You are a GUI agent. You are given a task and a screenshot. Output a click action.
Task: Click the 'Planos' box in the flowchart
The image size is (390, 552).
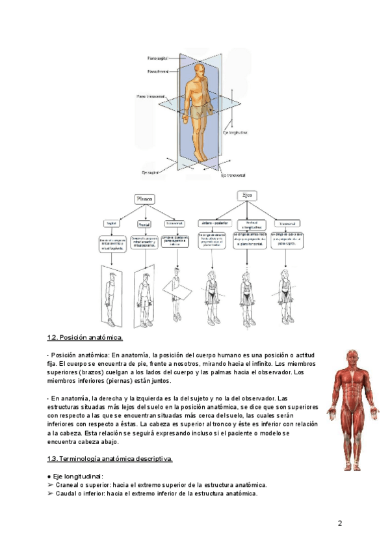pos(144,199)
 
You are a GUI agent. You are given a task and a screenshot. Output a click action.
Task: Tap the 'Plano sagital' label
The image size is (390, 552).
pos(158,58)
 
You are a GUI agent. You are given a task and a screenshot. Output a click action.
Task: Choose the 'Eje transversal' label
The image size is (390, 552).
pos(233,175)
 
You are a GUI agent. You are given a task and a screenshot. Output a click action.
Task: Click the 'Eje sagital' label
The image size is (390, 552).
pos(151,172)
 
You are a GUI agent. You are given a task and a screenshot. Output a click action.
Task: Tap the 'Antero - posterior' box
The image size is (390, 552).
pos(213,223)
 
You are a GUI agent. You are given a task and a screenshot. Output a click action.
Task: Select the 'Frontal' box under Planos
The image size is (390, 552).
pos(144,224)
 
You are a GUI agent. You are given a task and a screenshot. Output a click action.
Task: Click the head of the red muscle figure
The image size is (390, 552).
pos(353,359)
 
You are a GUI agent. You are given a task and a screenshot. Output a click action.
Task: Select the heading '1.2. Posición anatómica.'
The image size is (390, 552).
pos(85,338)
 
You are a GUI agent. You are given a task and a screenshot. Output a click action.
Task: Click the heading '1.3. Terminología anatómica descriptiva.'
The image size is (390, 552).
pos(110,459)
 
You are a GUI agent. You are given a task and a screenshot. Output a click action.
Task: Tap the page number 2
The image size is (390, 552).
pos(339,523)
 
